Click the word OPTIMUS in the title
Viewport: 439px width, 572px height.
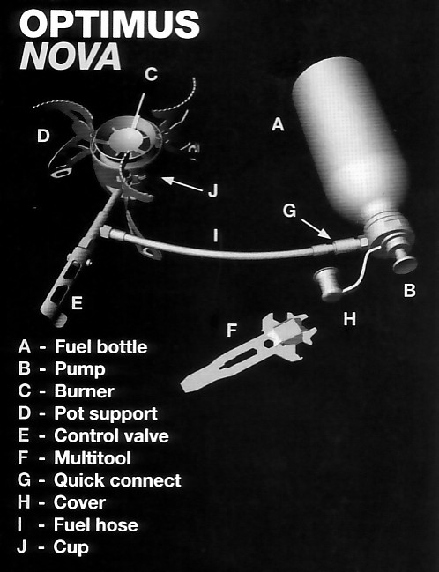coord(109,25)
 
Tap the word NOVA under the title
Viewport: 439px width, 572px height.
coord(71,56)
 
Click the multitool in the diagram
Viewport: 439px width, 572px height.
coord(249,351)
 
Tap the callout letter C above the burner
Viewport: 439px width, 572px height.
coord(151,74)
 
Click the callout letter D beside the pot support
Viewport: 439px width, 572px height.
coord(43,136)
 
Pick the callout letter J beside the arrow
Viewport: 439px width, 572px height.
coord(212,190)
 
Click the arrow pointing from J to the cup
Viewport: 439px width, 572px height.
coord(182,184)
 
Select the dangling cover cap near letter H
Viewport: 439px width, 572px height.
coord(327,284)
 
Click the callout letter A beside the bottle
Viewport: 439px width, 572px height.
coord(278,124)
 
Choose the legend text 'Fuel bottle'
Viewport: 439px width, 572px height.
coord(101,346)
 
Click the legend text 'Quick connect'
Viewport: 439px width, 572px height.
coord(117,480)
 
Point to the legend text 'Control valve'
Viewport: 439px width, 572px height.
coord(112,436)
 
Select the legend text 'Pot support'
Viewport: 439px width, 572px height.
coord(106,414)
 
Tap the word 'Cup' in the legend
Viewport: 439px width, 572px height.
coord(71,548)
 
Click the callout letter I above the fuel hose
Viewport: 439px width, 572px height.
coord(216,235)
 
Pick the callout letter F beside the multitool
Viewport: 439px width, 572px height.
coord(232,331)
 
